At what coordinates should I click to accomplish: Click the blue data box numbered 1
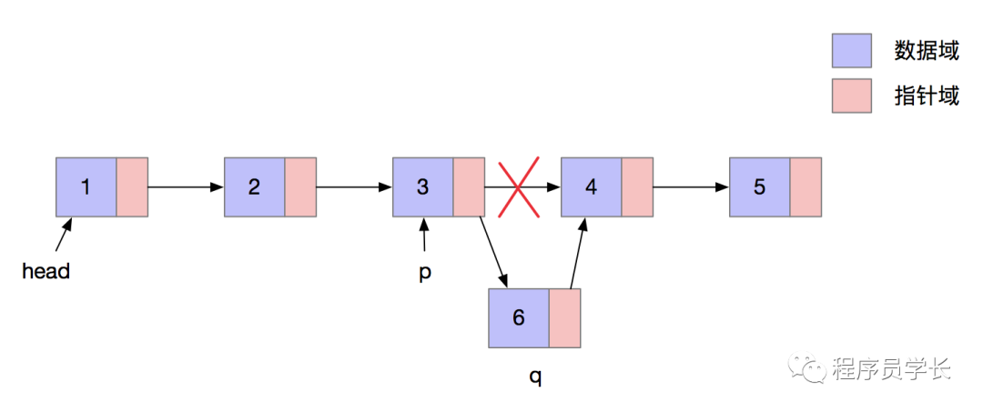point(86,187)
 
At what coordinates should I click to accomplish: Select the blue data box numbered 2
point(255,187)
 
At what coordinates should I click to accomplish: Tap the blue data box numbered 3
point(423,187)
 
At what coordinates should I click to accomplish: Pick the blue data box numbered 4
point(592,187)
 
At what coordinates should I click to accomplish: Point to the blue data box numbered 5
point(760,187)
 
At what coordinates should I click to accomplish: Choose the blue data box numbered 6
point(519,317)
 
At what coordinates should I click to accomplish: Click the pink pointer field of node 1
point(132,187)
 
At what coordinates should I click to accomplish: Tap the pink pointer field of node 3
point(469,187)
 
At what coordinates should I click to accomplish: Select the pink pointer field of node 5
point(806,187)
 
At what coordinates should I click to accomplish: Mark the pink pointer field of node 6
point(564,317)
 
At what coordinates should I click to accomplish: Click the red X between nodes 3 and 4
point(519,188)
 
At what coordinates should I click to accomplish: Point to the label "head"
point(46,271)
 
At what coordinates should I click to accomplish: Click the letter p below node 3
point(424,273)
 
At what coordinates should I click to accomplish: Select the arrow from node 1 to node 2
point(186,187)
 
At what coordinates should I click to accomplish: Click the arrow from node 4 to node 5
point(691,187)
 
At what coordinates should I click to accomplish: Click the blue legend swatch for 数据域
point(852,51)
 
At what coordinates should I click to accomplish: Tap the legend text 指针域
point(927,95)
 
